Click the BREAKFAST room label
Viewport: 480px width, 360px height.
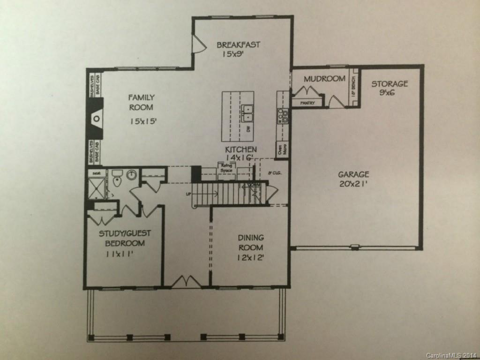click(238, 45)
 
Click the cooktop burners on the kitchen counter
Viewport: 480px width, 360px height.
click(283, 115)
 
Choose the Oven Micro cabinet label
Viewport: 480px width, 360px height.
click(282, 150)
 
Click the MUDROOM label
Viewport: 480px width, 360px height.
click(324, 79)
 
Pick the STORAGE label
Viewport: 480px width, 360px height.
click(390, 84)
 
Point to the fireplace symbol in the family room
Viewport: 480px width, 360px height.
click(96, 119)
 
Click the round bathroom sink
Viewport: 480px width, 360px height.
click(131, 175)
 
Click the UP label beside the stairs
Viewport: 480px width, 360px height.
click(188, 193)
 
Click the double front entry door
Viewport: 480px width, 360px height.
click(186, 281)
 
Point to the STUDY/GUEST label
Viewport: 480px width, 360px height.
click(125, 233)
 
